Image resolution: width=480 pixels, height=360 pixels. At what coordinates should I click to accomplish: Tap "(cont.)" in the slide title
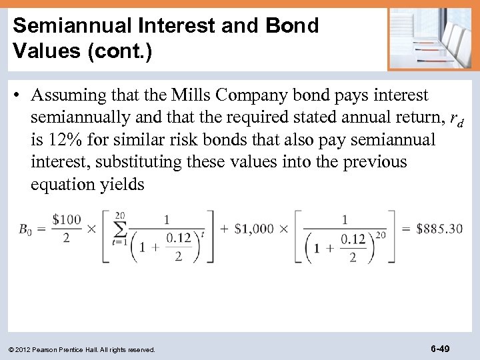tap(120, 51)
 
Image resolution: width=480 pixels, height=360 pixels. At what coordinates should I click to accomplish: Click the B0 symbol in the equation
tap(24, 229)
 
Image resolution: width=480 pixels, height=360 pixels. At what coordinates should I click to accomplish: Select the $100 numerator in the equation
tap(66, 219)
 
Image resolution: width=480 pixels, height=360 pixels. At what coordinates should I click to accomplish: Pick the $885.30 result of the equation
tap(439, 229)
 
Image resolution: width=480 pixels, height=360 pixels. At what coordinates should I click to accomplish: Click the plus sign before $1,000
tap(224, 229)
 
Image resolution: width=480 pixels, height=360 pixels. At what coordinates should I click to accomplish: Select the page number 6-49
tap(440, 348)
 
